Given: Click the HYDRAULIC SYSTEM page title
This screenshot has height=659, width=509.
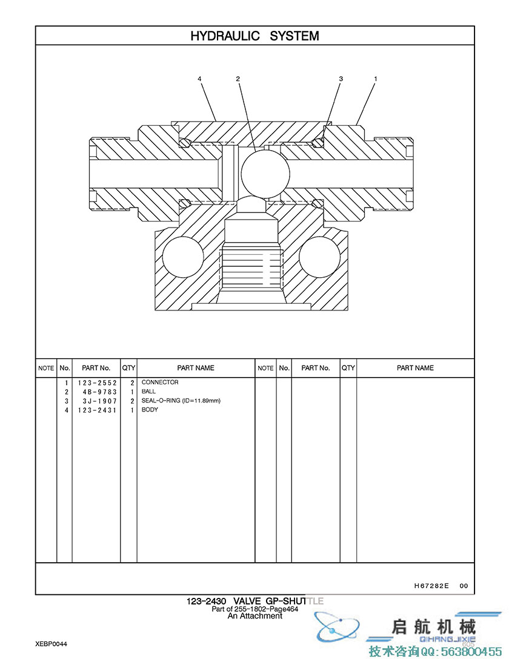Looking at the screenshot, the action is click(x=254, y=36).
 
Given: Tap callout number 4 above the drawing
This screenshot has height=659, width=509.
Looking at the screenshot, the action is click(x=199, y=79).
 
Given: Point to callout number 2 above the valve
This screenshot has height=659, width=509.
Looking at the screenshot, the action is click(x=238, y=79).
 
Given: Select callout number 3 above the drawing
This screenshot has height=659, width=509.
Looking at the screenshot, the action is click(x=341, y=79).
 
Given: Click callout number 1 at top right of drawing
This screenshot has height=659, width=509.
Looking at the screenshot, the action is click(x=376, y=79).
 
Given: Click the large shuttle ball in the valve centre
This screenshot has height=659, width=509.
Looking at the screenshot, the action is click(x=265, y=173).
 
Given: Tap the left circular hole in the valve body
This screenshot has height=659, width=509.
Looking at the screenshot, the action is click(x=183, y=257).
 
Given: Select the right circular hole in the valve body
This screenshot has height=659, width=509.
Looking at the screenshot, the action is click(x=319, y=257).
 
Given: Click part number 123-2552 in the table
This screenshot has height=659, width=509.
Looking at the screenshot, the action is click(x=97, y=383).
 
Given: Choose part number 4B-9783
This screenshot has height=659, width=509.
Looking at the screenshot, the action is click(x=100, y=392).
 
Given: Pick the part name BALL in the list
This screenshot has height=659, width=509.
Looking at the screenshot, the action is click(x=148, y=392).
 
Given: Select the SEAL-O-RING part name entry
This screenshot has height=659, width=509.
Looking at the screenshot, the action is click(x=181, y=401).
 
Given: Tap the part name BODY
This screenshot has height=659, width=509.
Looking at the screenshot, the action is click(x=150, y=409).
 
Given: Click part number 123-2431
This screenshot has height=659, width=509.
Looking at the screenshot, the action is click(x=97, y=410).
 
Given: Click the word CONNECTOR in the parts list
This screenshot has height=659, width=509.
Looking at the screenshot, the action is click(x=160, y=382).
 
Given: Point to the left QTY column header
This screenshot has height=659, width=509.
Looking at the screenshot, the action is click(x=129, y=368).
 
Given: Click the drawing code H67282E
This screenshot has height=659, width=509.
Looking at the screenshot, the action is click(x=431, y=585).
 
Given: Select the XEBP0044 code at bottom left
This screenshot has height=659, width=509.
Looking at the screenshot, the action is click(x=52, y=644).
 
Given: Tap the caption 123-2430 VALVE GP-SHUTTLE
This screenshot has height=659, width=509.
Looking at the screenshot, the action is click(x=255, y=601).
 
